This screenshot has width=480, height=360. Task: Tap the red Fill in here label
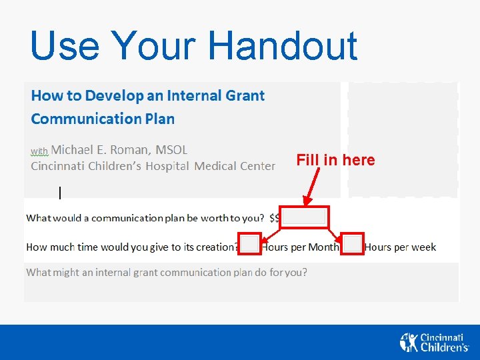click(335, 160)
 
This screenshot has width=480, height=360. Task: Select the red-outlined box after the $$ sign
click(304, 217)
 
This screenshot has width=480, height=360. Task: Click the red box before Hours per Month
click(250, 244)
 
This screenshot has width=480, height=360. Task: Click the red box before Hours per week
click(353, 244)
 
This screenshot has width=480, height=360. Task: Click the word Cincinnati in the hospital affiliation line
click(58, 166)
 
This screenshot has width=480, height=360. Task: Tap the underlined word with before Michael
click(39, 151)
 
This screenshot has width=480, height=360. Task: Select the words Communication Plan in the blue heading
click(103, 119)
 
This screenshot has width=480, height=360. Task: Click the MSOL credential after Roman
click(171, 149)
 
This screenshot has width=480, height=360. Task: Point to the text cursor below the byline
click(60, 193)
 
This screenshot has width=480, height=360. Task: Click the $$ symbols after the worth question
click(275, 218)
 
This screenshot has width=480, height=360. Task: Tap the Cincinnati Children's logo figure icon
click(409, 342)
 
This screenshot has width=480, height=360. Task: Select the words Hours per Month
click(300, 247)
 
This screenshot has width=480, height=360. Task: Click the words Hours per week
click(400, 247)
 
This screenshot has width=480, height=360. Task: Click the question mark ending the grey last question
click(304, 273)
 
